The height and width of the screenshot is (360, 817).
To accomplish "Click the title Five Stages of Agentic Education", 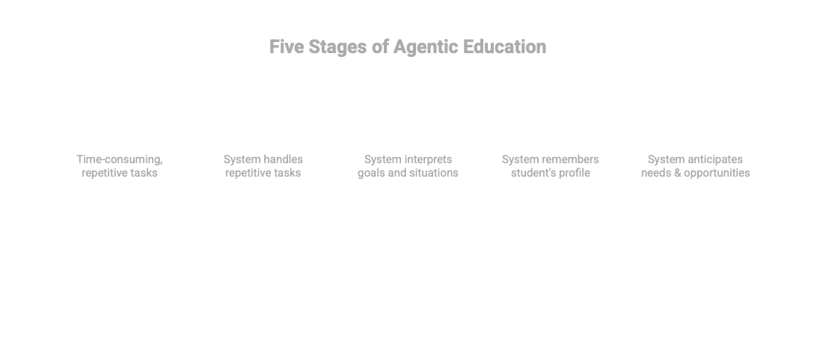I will pyautogui.click(x=408, y=47).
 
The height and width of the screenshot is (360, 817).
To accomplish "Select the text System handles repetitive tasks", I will pyautogui.click(x=264, y=166).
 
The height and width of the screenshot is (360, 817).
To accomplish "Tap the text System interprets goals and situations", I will pyautogui.click(x=408, y=166).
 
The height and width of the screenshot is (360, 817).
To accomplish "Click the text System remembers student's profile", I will pyautogui.click(x=551, y=166).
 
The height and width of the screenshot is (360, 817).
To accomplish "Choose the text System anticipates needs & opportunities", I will pyautogui.click(x=695, y=166).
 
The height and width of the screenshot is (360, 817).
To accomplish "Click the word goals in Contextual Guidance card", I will pyautogui.click(x=373, y=174).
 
